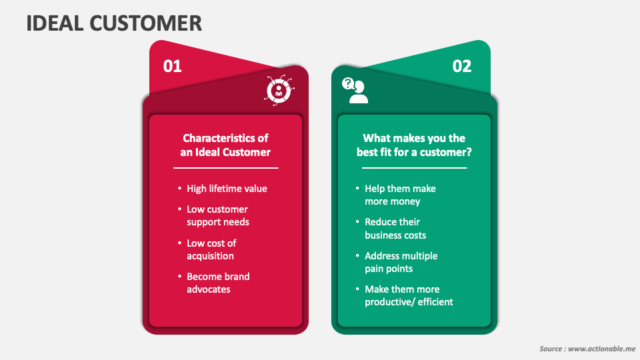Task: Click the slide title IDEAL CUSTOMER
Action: [114, 23]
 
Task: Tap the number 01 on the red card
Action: [172, 67]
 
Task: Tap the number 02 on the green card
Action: [462, 67]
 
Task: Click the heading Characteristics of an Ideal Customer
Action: [225, 145]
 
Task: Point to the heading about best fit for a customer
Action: [414, 145]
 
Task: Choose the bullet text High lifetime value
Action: [227, 189]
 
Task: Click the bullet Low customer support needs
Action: [217, 215]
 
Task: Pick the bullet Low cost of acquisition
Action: [211, 249]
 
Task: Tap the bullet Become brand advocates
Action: [218, 283]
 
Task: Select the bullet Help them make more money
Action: [400, 195]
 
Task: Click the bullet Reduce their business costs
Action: [395, 229]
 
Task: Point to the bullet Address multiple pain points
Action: [401, 262]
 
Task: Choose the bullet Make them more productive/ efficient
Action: [409, 295]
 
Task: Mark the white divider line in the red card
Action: [225, 168]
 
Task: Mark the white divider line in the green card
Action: [414, 168]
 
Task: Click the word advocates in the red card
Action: [209, 289]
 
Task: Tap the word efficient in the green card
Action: [433, 302]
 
